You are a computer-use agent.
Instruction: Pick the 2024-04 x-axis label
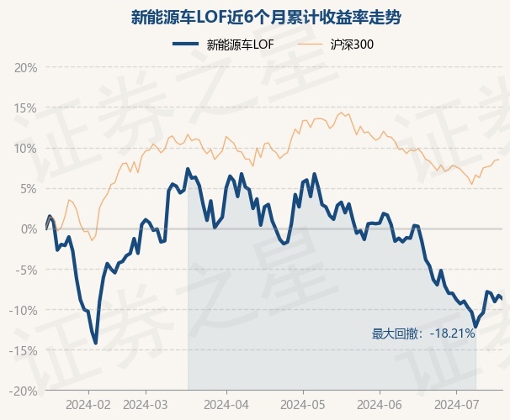pyautogui.click(x=226, y=403)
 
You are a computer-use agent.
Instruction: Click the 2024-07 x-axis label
pyautogui.click(x=456, y=403)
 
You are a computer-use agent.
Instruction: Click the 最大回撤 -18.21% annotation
pyautogui.click(x=423, y=333)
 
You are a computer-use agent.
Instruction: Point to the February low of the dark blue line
pyautogui.click(x=96, y=343)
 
